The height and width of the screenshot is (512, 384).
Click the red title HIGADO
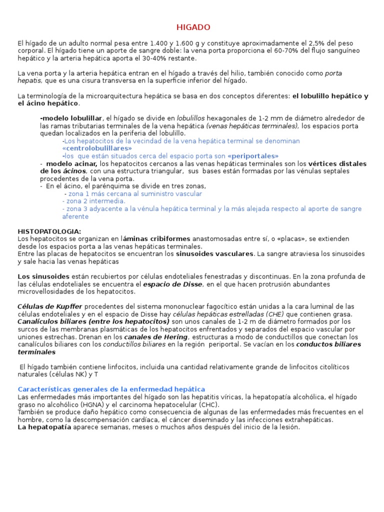[x=193, y=27]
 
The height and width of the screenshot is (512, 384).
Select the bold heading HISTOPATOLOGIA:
[x=49, y=231]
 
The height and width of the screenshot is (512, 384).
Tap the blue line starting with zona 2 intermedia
[x=93, y=201]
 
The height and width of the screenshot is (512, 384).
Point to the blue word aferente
[x=75, y=216]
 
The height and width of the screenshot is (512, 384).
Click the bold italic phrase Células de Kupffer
[x=50, y=306]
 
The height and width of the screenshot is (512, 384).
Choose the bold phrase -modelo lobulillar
[x=71, y=118]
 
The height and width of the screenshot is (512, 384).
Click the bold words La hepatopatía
[x=44, y=427]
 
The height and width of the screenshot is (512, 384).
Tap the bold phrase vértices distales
[x=337, y=163]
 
